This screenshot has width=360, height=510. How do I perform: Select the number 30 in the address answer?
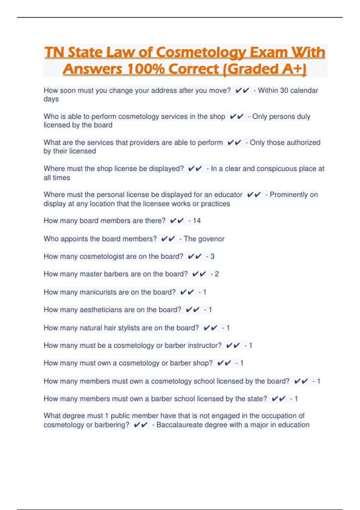284,90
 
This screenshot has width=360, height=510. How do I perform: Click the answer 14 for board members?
196,221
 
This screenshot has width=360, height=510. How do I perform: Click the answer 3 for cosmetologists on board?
212,256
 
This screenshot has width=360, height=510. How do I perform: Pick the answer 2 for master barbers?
217,274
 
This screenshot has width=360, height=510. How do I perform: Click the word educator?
228,195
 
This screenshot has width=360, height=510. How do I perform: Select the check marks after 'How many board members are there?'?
177,221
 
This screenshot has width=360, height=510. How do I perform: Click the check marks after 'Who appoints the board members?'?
168,239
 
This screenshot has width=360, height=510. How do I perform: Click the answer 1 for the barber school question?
296,399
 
